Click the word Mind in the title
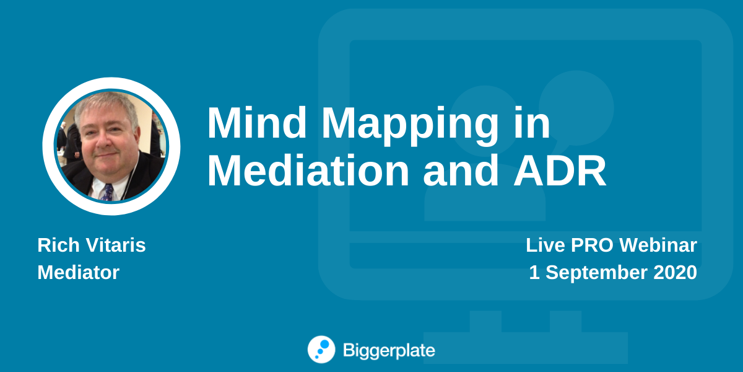[257, 123]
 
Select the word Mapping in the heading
[410, 126]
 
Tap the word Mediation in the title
[308, 170]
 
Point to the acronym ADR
[560, 170]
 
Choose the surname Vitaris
[116, 245]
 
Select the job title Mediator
[78, 272]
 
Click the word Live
[545, 245]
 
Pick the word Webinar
[658, 245]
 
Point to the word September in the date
[596, 273]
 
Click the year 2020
[675, 272]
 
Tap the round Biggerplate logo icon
[321, 350]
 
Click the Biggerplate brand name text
[389, 351]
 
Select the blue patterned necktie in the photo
[108, 193]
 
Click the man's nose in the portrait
[105, 142]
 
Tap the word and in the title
[461, 170]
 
